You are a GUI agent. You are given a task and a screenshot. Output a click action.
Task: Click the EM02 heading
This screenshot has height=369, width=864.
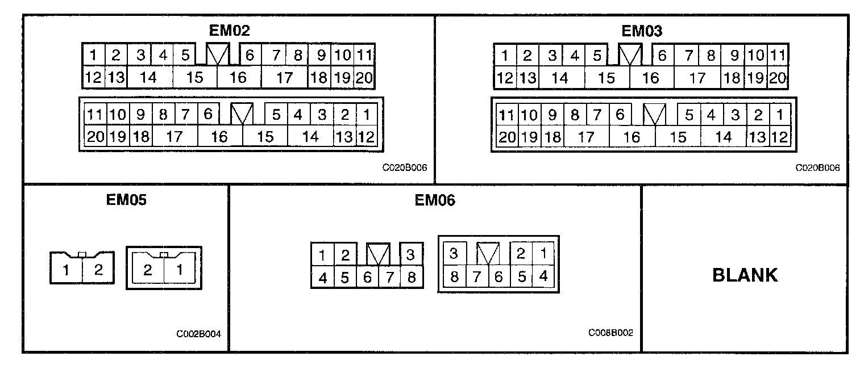229,31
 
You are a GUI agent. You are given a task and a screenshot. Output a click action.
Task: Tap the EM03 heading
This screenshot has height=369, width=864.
641,31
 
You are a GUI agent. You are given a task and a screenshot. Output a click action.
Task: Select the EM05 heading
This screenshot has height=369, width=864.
126,200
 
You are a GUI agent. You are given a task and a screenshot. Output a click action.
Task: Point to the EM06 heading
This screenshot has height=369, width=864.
434,200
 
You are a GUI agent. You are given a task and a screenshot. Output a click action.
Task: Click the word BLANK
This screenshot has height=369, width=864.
745,275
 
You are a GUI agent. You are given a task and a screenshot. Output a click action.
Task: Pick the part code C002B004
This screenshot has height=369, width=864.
198,334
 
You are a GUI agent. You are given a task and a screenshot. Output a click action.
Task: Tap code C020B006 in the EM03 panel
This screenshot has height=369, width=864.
817,168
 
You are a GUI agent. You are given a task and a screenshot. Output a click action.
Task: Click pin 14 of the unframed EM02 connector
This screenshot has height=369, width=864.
149,77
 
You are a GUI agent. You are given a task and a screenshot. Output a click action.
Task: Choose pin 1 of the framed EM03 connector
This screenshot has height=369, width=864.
780,115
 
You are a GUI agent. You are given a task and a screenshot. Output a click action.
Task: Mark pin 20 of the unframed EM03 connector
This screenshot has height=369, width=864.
778,78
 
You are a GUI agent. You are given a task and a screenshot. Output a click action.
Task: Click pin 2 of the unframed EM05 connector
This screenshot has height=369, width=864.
98,270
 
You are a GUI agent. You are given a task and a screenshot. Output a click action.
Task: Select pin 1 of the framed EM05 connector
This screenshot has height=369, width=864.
179,270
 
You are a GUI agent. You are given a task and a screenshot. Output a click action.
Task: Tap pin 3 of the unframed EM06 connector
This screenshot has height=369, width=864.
410,255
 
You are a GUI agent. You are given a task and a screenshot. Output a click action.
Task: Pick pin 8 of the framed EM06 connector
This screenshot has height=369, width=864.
454,278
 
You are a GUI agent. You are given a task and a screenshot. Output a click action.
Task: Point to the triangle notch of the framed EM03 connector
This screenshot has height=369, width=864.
655,115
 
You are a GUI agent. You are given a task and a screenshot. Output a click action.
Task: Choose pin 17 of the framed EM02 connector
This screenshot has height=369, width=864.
175,136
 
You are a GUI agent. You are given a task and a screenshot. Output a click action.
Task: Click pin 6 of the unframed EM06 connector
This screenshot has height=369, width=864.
367,278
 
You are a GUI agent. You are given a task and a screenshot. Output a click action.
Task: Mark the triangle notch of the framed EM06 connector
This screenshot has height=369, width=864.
488,253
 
